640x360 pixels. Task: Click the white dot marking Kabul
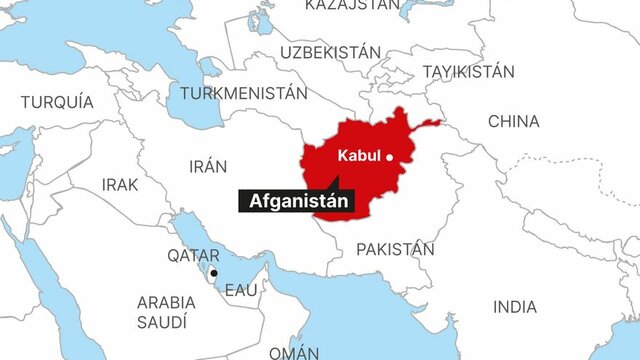pyautogui.click(x=391, y=155)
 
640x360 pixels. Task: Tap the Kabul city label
pyautogui.click(x=359, y=155)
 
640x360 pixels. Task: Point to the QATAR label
pyautogui.click(x=193, y=256)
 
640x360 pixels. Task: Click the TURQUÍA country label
pyautogui.click(x=57, y=102)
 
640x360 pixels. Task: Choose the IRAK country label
pyautogui.click(x=120, y=185)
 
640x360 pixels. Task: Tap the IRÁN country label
pyautogui.click(x=207, y=166)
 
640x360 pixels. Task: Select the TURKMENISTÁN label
pyautogui.click(x=243, y=93)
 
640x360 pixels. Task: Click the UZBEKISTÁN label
pyautogui.click(x=331, y=51)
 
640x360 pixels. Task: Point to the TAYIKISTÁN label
pyautogui.click(x=468, y=72)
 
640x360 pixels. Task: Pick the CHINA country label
pyautogui.click(x=513, y=121)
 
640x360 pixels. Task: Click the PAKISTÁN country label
pyautogui.click(x=395, y=249)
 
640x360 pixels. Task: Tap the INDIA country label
pyautogui.click(x=514, y=307)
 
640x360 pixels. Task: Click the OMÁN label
pyautogui.click(x=294, y=351)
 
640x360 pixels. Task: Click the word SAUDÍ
pyautogui.click(x=163, y=322)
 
